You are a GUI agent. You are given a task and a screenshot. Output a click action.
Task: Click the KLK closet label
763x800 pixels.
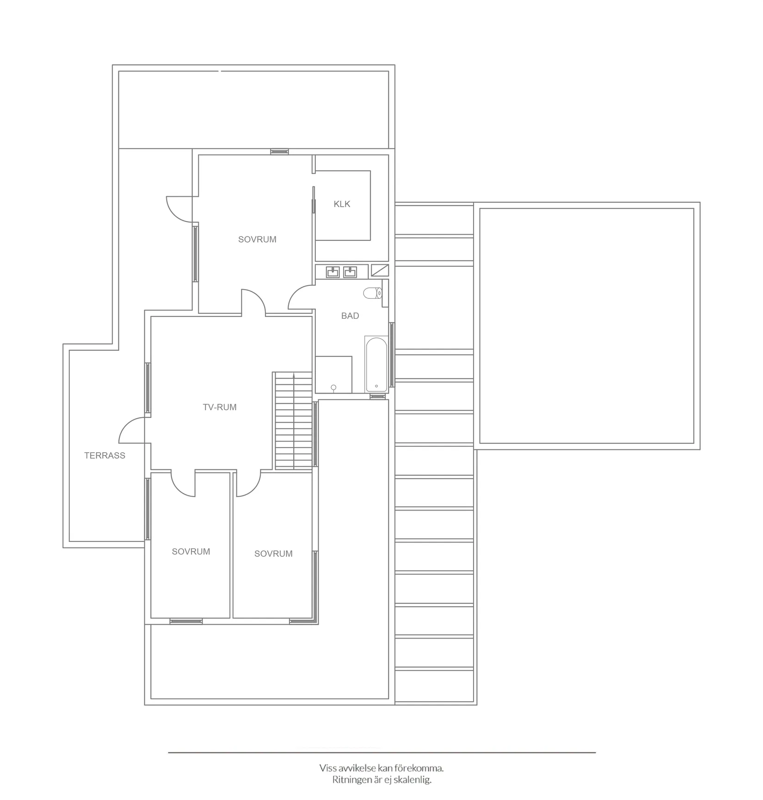342,204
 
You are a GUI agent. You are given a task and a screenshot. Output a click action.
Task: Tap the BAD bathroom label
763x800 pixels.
350,316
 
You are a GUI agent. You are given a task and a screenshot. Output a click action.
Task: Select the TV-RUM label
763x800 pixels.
220,407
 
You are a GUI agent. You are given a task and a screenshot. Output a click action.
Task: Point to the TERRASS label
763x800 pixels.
105,455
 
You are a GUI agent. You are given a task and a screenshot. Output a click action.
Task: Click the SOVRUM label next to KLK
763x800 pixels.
257,240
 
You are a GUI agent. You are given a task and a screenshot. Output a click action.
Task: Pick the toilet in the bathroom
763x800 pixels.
372,293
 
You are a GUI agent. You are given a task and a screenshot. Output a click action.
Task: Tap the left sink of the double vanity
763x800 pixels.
333,272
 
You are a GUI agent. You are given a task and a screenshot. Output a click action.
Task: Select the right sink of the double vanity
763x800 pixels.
350,272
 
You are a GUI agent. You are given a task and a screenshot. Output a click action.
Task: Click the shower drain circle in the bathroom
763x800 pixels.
333,387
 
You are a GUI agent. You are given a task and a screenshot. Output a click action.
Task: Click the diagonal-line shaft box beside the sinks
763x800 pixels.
380,271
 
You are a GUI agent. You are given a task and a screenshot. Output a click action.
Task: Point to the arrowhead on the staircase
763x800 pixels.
294,376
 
